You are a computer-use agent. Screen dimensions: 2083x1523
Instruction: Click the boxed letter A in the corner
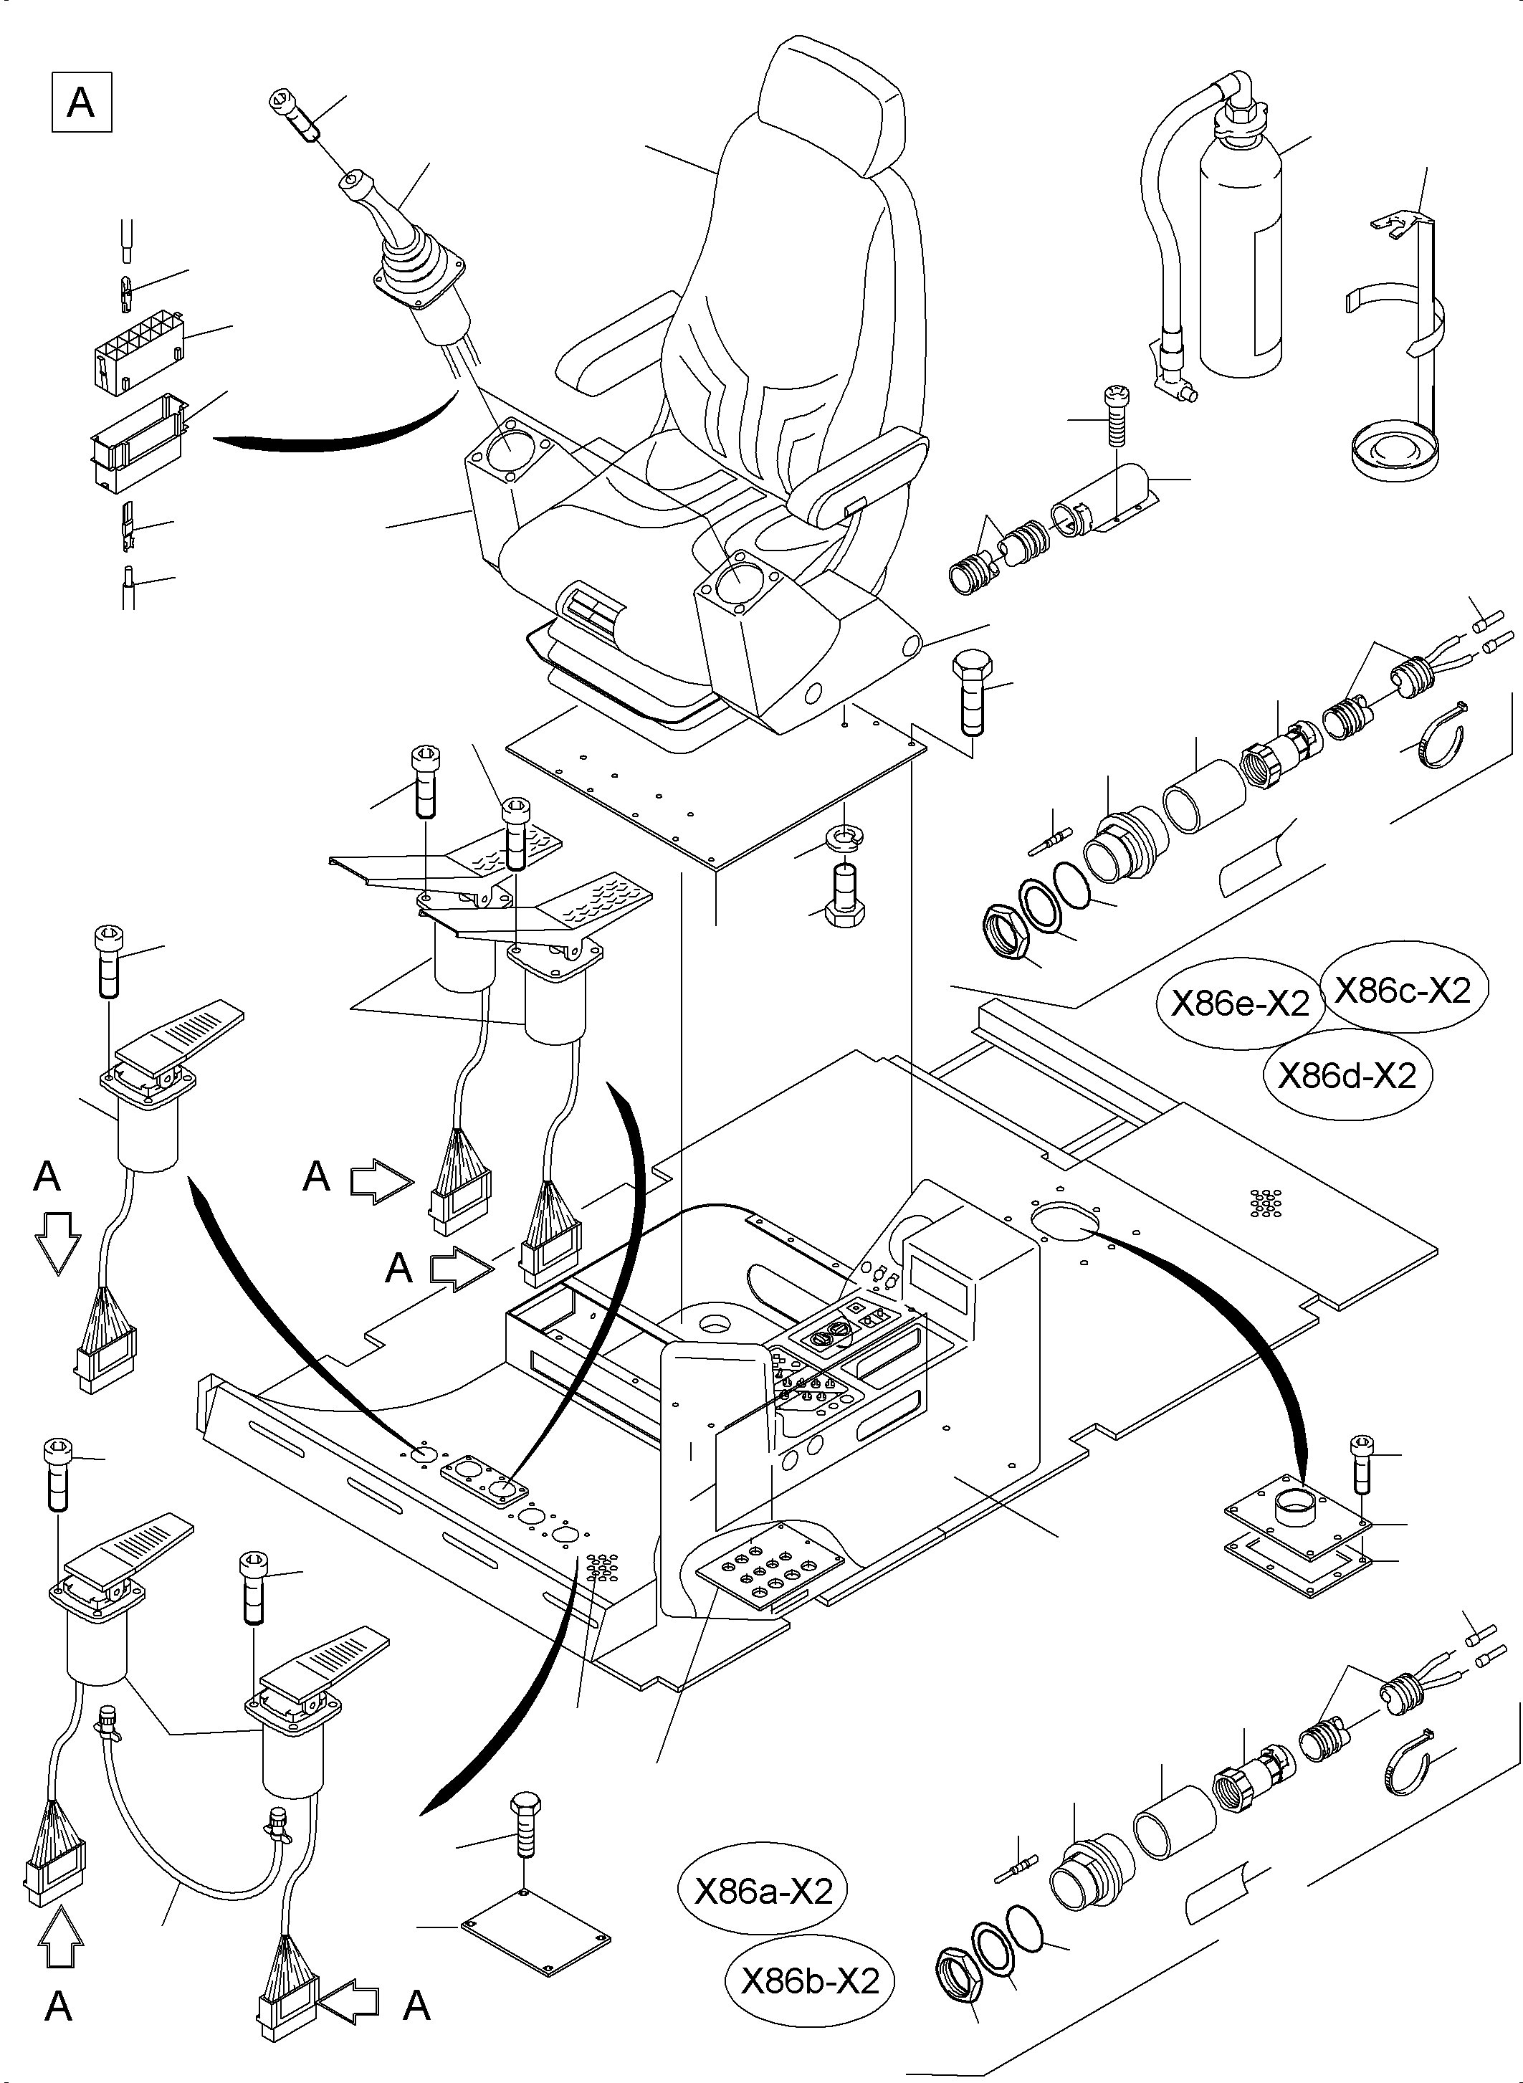[81, 103]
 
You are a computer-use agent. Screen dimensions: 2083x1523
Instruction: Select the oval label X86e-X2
[1239, 1004]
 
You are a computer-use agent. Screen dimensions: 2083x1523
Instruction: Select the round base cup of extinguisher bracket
[1393, 454]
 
